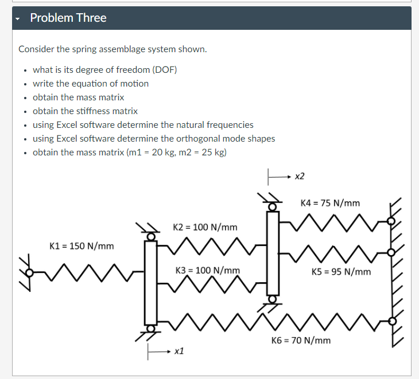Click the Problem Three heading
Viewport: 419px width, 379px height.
(x=68, y=18)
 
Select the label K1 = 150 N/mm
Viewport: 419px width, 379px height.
(x=82, y=246)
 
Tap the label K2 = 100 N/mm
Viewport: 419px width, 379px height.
(x=205, y=227)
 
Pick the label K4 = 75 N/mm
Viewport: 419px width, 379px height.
(x=330, y=203)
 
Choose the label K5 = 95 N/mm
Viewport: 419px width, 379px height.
(x=341, y=271)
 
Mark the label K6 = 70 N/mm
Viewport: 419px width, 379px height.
(x=301, y=341)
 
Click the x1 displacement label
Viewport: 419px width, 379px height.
(x=179, y=350)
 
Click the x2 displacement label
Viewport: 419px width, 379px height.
(x=299, y=177)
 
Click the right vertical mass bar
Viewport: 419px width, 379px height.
(x=273, y=252)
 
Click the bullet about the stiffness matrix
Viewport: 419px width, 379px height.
(x=85, y=111)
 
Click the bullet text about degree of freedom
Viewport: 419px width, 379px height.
(x=104, y=69)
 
